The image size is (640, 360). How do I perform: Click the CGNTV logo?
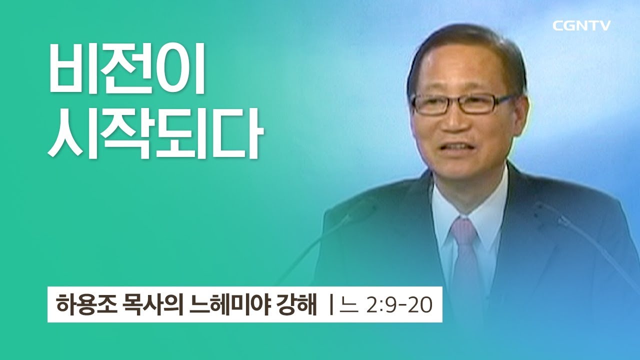point(581,26)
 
